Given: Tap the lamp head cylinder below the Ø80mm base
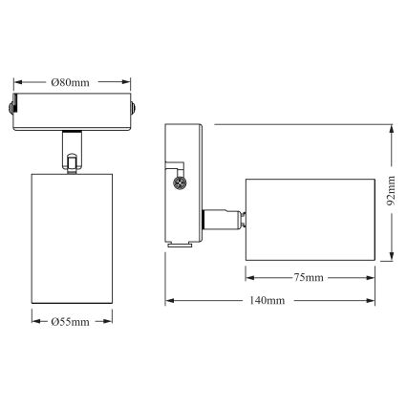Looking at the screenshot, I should coord(73,239).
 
